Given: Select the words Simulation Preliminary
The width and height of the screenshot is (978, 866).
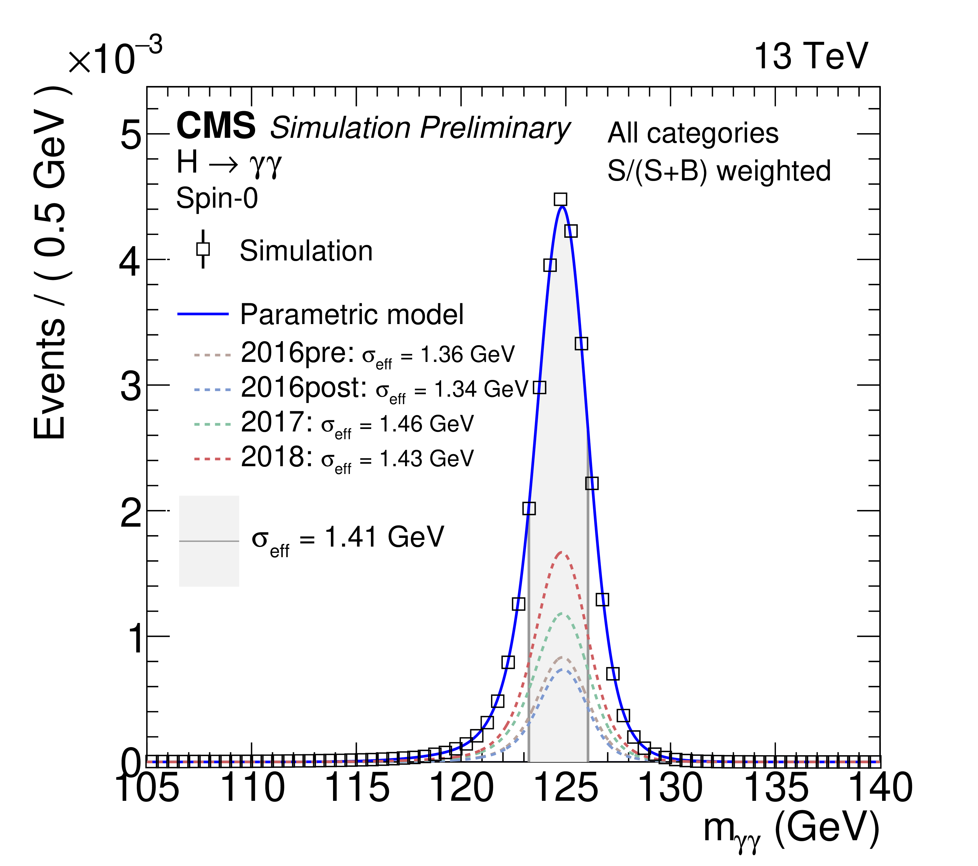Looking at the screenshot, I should (420, 128).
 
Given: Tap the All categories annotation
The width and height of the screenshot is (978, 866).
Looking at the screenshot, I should (693, 133).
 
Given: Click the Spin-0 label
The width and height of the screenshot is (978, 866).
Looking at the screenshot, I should (217, 198).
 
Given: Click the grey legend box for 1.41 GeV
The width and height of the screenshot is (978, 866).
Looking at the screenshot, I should (209, 541).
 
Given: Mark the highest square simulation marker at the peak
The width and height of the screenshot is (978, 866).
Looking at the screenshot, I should (560, 200).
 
